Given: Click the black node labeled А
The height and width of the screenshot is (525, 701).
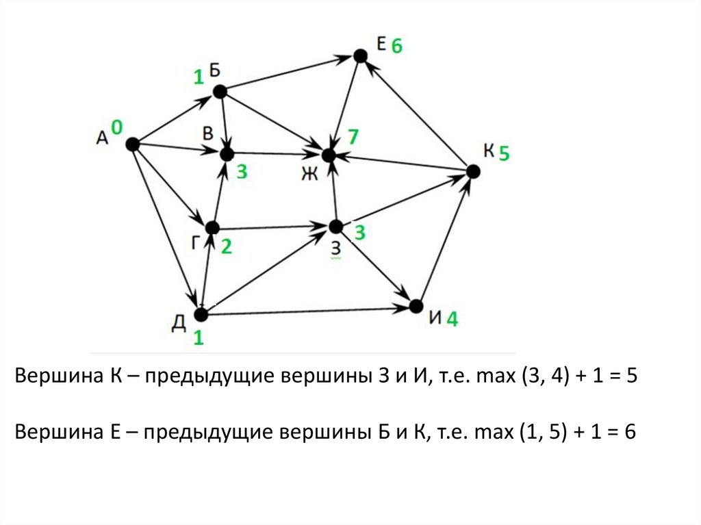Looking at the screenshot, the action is [x=132, y=144].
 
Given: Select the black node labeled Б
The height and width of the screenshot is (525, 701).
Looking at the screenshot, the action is [x=219, y=92].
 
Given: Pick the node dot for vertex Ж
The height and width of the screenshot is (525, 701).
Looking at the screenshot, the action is [x=329, y=155].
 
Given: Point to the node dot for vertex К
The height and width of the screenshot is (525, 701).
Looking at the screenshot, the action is [x=473, y=170].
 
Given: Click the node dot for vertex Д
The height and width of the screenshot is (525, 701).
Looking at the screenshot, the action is [x=201, y=314].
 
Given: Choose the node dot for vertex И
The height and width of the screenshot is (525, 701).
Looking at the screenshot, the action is [x=415, y=306].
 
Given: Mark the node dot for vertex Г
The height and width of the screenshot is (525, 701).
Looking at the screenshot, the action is [x=212, y=227].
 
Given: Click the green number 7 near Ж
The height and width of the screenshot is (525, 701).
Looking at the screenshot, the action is [x=352, y=137].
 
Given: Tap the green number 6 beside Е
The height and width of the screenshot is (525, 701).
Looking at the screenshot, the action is [x=397, y=47].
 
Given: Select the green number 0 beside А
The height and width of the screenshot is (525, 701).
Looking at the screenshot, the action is [x=117, y=127].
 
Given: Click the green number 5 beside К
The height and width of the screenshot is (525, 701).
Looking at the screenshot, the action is [x=504, y=153].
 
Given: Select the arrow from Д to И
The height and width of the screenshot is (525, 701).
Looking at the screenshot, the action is [x=308, y=311].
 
